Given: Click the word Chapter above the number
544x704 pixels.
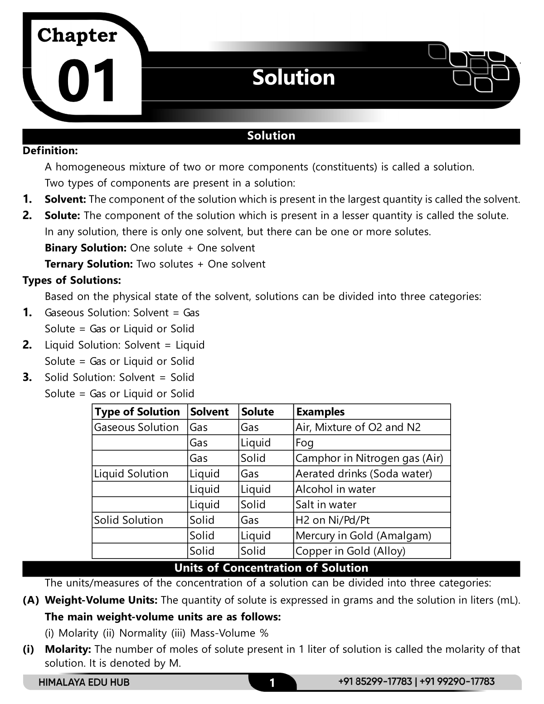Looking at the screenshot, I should coord(77,35).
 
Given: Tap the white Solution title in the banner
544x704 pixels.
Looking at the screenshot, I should coord(293,78).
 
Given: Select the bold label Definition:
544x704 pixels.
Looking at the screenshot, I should coord(50,150).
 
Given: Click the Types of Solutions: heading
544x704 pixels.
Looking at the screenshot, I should coord(72,280).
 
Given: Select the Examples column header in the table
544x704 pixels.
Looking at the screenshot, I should coord(320,412).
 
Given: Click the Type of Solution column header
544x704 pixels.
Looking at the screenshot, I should coord(137,412).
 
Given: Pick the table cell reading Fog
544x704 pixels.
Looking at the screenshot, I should coord(305,443).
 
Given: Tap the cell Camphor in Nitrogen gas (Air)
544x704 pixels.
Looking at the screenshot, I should coord(369,458).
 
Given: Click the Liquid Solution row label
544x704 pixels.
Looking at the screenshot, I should coord(131,474).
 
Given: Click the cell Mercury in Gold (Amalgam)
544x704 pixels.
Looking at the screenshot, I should coord(363,535).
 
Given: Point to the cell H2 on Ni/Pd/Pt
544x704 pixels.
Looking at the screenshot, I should coord(333,520).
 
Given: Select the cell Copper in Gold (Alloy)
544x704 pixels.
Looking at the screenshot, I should coord(350,551).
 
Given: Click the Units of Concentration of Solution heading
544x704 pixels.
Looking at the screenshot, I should coord(271,568).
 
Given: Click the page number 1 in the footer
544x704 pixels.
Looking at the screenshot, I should coord(272,683).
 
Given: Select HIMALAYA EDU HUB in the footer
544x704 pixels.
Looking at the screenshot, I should coord(84,682).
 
